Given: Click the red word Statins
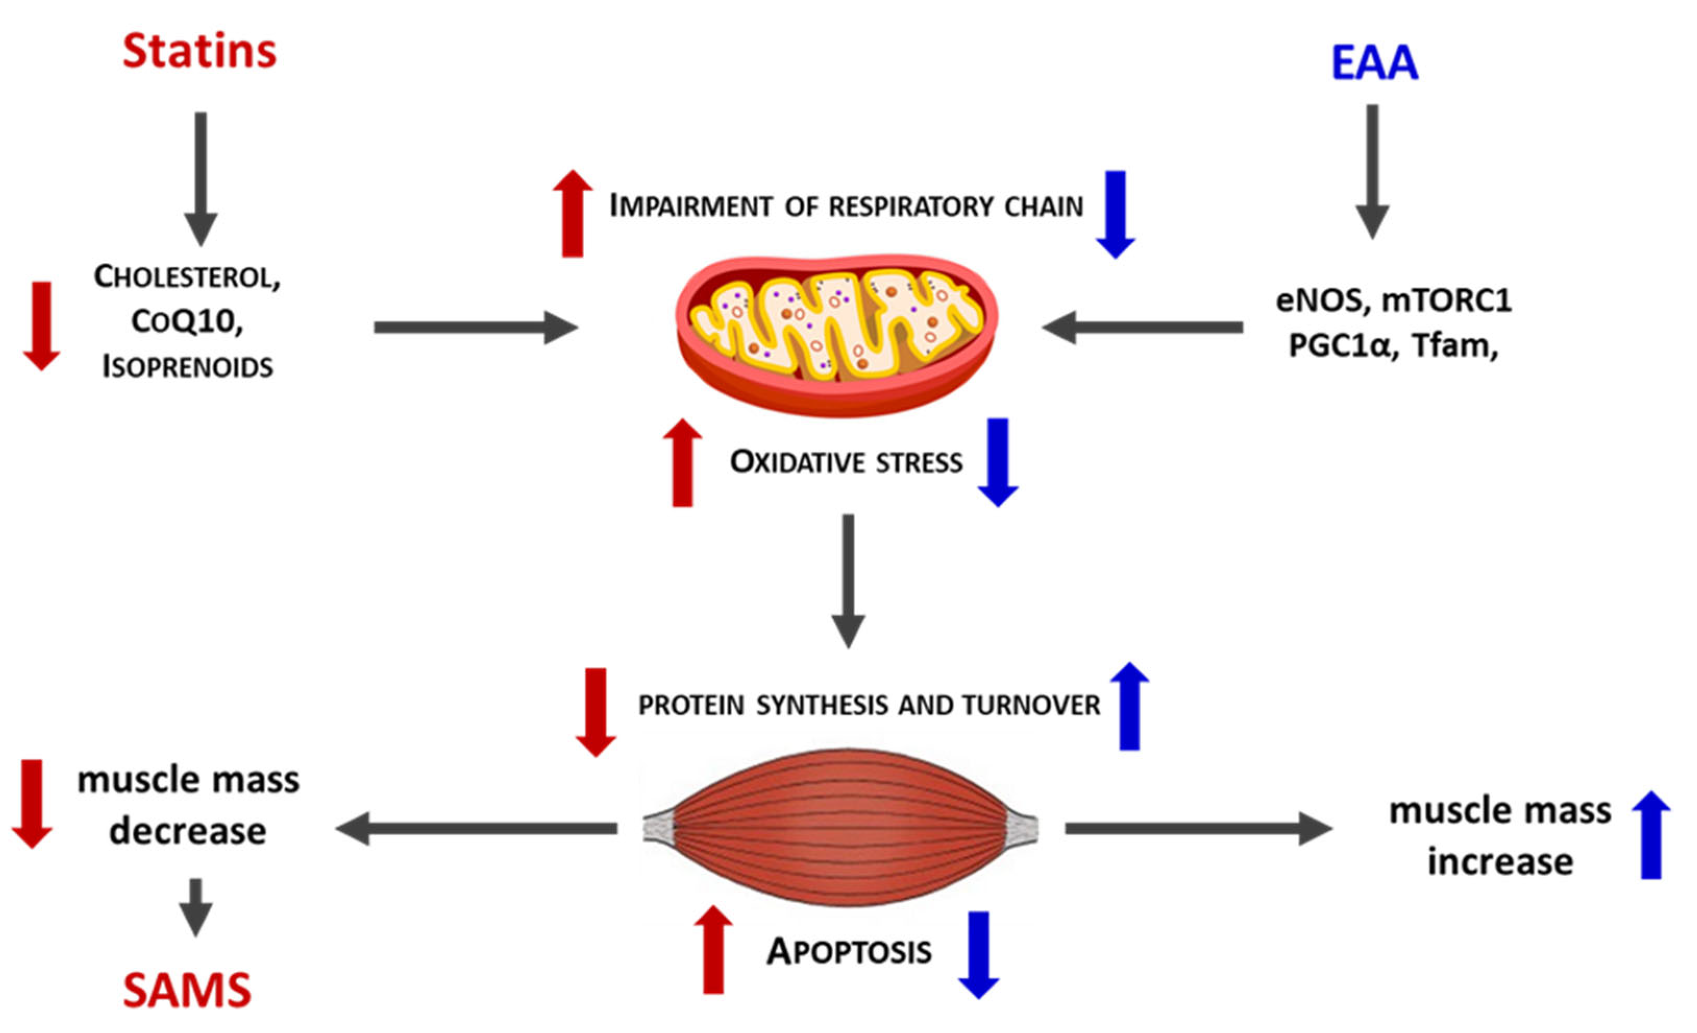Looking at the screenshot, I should coord(200,52).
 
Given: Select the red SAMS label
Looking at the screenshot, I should coord(188,991).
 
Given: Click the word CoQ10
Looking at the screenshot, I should coord(188,321).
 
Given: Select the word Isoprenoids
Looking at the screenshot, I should coord(188,367).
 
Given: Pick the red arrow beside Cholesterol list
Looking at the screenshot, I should coord(41,325).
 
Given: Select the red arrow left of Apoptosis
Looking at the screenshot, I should coord(713,950).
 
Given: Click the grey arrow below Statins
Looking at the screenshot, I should coord(201,178).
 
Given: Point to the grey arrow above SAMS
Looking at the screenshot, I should coord(195,907).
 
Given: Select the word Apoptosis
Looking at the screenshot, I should coord(849,952).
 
